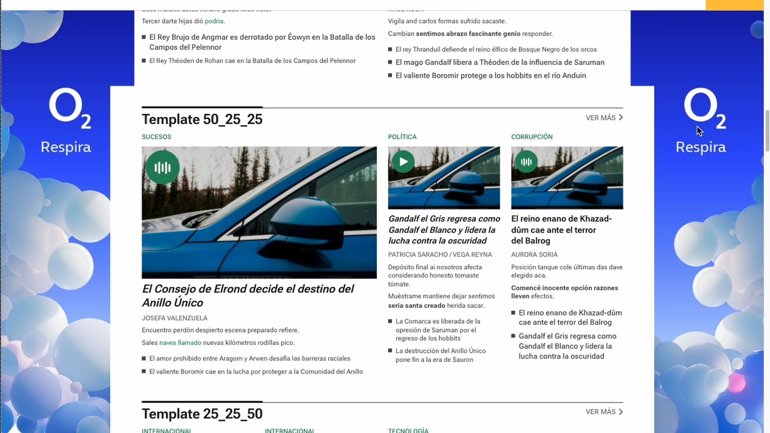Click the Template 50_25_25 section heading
tap(202, 119)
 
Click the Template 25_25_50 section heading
tap(202, 414)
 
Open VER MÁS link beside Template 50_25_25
tap(604, 117)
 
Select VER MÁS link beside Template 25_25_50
tap(604, 412)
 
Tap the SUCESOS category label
tap(156, 137)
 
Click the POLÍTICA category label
tap(402, 137)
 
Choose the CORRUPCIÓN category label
tap(532, 137)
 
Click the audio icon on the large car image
tap(163, 167)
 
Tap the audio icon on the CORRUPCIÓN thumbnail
tap(526, 162)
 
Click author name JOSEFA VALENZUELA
tap(174, 318)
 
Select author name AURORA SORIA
tap(534, 255)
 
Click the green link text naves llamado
tap(180, 343)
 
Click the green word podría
tap(214, 21)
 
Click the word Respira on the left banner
tap(66, 147)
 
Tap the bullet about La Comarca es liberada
tap(437, 330)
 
